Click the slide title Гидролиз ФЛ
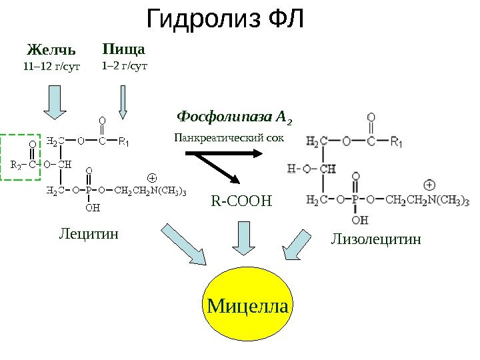[x=225, y=20]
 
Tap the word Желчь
[x=51, y=50]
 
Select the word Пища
[x=123, y=49]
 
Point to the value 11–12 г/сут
[x=51, y=67]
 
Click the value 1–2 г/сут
[x=124, y=66]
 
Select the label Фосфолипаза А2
[x=234, y=119]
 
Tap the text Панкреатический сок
[x=229, y=138]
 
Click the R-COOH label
[x=243, y=199]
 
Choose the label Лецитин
[x=89, y=234]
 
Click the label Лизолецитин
[x=376, y=238]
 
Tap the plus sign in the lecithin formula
[x=151, y=178]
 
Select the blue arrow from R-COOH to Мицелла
[x=243, y=238]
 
